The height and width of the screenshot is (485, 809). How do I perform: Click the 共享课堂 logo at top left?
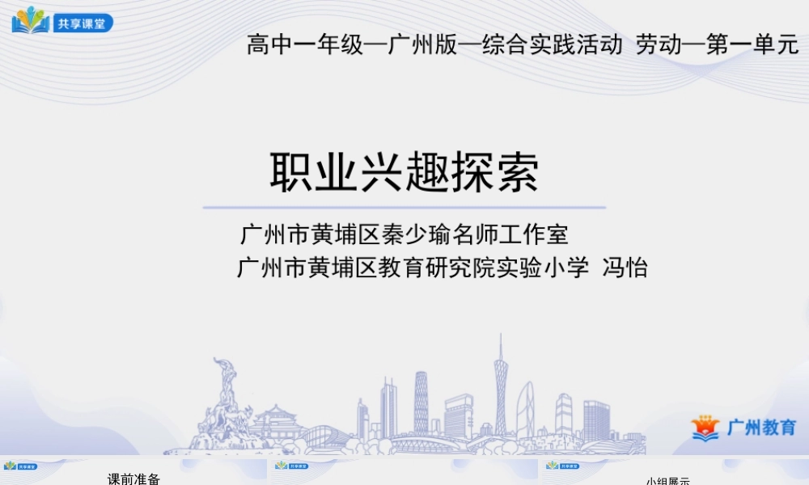click(63, 22)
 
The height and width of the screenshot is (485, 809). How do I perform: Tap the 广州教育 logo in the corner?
click(744, 428)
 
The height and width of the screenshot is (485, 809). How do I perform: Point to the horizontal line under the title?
click(404, 208)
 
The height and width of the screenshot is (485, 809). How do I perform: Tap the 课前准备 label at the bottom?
click(134, 479)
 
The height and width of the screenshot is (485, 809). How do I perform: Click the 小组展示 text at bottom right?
click(667, 481)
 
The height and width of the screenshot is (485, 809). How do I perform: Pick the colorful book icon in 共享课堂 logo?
click(31, 20)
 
